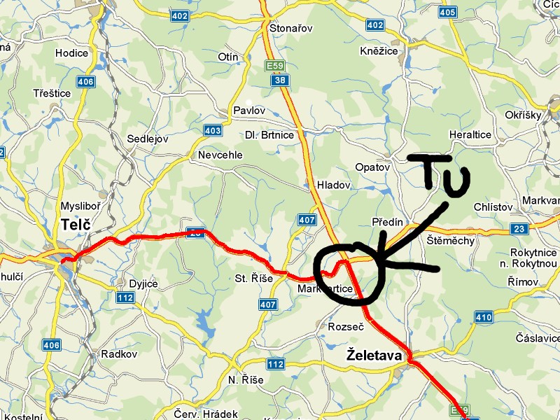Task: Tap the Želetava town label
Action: coord(374,356)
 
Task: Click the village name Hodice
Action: coord(71,52)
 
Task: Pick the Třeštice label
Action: coord(52,93)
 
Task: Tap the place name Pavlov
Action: coord(249,111)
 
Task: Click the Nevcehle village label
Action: coord(220,155)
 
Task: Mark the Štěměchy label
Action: coord(451,241)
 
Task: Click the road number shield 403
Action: coord(213,130)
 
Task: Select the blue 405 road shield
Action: coord(448,12)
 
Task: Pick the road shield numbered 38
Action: coord(281,80)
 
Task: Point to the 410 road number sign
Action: coord(483,317)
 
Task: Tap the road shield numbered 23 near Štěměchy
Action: coord(519,229)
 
